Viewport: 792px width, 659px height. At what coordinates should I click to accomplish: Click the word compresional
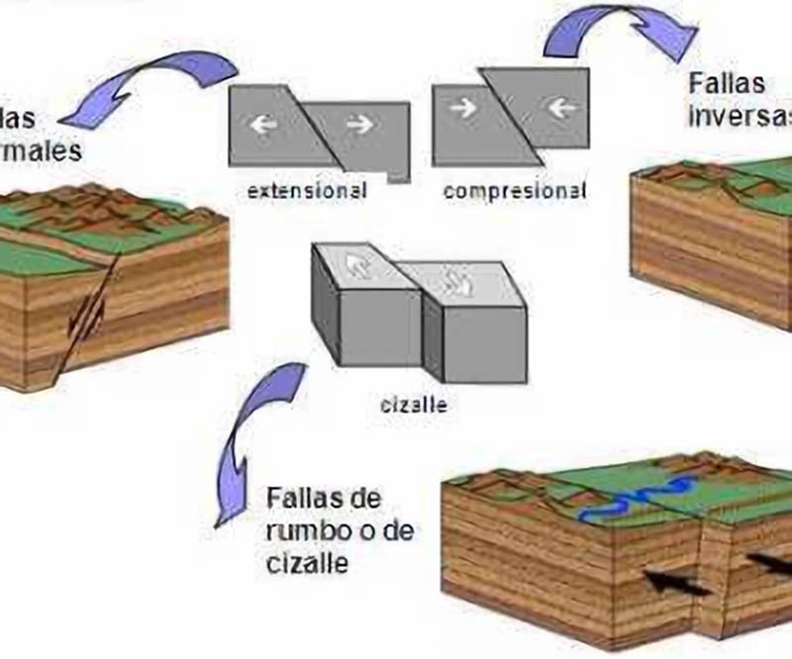tap(513, 191)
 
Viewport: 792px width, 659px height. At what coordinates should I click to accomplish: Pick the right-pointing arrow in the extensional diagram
tap(359, 126)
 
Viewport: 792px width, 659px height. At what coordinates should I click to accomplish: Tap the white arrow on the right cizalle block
tap(461, 281)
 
